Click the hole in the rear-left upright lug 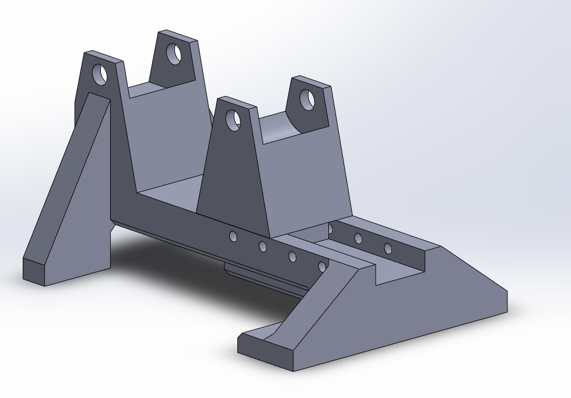coord(100,74)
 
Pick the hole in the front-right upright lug coord(307,100)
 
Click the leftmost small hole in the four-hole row coord(233,236)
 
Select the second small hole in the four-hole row coord(263,246)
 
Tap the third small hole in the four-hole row coord(292,256)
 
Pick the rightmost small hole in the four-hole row coord(321,266)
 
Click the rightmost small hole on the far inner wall coord(388,249)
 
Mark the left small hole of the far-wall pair coord(358,238)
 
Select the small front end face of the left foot coord(34,270)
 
